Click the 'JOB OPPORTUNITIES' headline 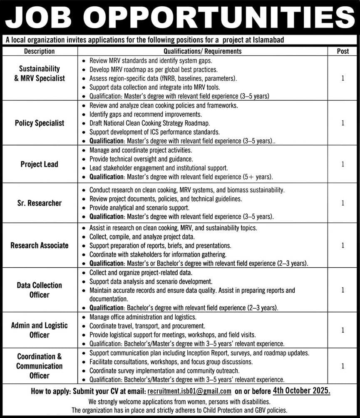coord(180,18)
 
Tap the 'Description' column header coord(40,51)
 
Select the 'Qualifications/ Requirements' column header coord(202,51)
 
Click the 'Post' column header coord(343,51)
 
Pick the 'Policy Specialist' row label coord(40,123)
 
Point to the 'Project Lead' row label coord(40,164)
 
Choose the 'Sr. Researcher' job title coord(40,203)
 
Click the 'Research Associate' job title coord(40,245)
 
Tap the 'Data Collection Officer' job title coord(40,290)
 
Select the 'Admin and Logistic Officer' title coord(40,330)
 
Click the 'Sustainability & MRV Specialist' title coord(40,73)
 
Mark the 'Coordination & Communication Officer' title coord(40,366)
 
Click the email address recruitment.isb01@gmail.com coord(189,391)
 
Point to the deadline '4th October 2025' coord(302,391)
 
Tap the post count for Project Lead coord(343,164)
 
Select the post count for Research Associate coord(343,245)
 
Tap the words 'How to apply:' coord(51,391)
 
